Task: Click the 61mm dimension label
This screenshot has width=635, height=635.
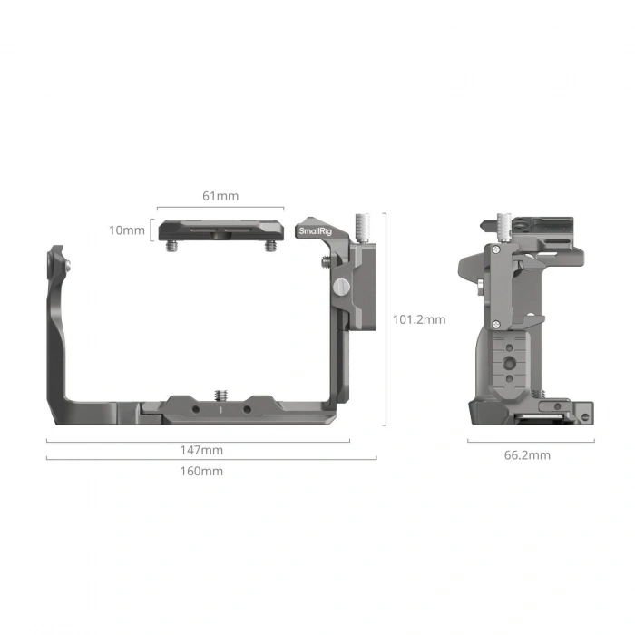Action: pyautogui.click(x=220, y=196)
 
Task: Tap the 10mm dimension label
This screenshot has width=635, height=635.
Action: pyautogui.click(x=126, y=230)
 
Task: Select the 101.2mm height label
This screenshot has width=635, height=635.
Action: pyautogui.click(x=418, y=319)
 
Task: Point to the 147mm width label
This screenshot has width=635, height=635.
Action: pyautogui.click(x=200, y=450)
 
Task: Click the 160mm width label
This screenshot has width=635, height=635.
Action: pyautogui.click(x=200, y=471)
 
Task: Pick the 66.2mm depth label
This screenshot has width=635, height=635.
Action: pyautogui.click(x=527, y=455)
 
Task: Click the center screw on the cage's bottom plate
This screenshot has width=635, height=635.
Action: pyautogui.click(x=220, y=394)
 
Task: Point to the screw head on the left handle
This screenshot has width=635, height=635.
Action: pyautogui.click(x=68, y=266)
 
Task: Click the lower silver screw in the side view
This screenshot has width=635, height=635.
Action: pyautogui.click(x=497, y=325)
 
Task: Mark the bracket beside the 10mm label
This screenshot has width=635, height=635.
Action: pyautogui.click(x=151, y=230)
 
